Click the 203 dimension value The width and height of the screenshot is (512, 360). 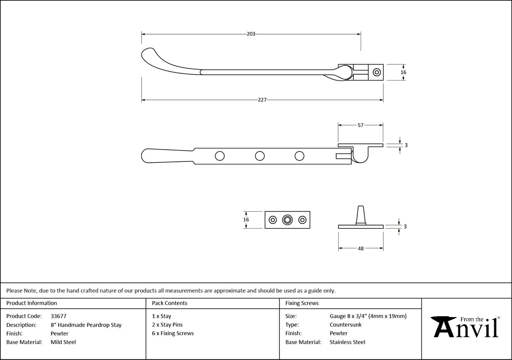(x=251, y=34)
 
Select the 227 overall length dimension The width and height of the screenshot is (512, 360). (x=262, y=100)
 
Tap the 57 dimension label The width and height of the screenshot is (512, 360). (x=361, y=125)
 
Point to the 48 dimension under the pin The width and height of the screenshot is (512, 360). (x=361, y=249)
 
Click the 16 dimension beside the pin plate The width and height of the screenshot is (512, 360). (x=246, y=220)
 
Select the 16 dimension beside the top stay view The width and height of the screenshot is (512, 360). (x=403, y=73)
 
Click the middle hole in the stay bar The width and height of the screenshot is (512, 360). (x=260, y=156)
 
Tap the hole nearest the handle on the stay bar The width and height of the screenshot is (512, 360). (x=220, y=156)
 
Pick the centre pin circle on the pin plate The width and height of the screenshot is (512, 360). (x=288, y=220)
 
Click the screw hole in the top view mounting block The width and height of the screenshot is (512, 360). (x=376, y=72)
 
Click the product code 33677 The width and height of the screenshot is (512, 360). (x=58, y=316)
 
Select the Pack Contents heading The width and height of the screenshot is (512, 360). (x=170, y=303)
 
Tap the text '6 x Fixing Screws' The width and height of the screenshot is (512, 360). (x=173, y=333)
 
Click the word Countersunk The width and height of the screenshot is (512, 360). (x=345, y=325)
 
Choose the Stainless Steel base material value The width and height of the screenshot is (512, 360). (x=348, y=342)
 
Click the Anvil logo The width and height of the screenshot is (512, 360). (x=466, y=327)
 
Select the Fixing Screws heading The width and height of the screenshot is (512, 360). (x=302, y=303)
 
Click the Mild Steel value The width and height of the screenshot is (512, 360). (x=63, y=342)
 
